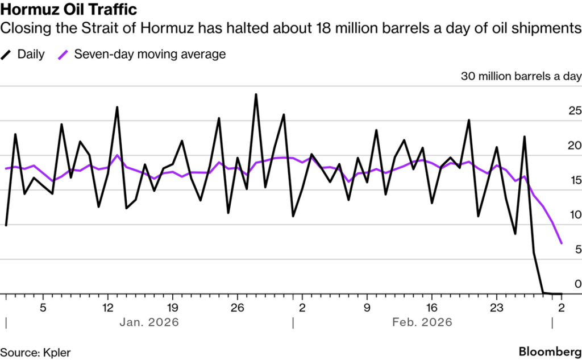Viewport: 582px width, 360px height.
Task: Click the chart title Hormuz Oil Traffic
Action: coord(68,10)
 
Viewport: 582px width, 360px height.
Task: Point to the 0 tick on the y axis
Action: coord(576,284)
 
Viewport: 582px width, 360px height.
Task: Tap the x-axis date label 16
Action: coord(432,308)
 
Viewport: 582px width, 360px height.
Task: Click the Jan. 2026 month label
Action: coord(149,322)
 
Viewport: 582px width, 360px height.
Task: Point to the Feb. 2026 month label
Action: coord(422,322)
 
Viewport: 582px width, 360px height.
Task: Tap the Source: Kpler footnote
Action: coord(36,353)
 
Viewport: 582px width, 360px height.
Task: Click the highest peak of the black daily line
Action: coord(256,94)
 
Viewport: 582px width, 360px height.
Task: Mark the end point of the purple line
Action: coord(562,243)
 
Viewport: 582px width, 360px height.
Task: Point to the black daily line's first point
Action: coord(6,225)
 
